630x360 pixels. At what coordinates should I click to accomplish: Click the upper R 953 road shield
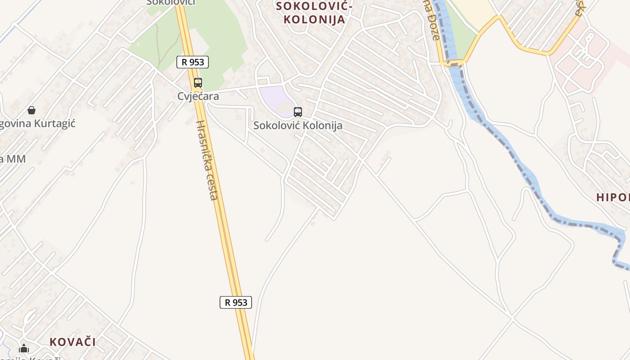(193, 62)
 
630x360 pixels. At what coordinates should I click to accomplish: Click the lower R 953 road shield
(235, 302)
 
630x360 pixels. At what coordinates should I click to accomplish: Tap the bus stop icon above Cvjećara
(198, 83)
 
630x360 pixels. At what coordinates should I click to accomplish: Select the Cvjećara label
(198, 96)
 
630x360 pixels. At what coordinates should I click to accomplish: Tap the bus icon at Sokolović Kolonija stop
(297, 112)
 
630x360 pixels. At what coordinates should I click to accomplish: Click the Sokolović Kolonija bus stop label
(297, 126)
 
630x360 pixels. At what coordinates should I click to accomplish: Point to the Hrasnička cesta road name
(207, 160)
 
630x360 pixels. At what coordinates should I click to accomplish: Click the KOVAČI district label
(72, 342)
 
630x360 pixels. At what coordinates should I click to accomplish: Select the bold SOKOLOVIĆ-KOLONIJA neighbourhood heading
(310, 13)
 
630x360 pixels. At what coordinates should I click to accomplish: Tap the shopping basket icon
(31, 110)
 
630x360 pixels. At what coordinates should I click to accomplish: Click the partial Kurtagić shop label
(38, 124)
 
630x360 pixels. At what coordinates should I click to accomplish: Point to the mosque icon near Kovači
(24, 348)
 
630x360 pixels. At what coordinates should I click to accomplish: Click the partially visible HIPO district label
(612, 197)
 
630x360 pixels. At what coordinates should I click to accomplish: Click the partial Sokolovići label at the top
(171, 3)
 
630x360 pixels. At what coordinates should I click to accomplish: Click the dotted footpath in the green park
(158, 45)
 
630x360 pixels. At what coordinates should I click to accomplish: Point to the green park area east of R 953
(220, 36)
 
